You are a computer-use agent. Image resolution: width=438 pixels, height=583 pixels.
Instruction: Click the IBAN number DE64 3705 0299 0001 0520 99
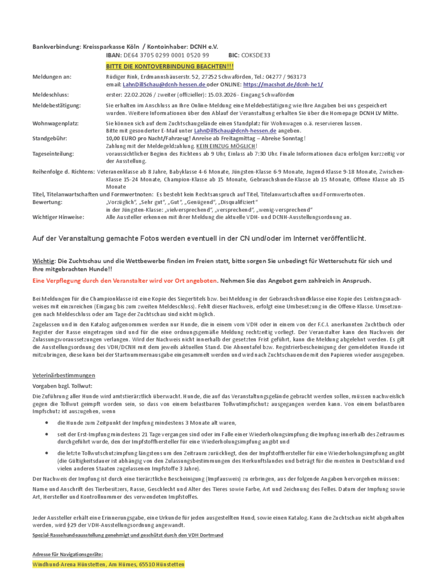(166, 55)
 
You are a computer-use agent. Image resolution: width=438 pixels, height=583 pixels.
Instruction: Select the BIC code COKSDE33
(255, 55)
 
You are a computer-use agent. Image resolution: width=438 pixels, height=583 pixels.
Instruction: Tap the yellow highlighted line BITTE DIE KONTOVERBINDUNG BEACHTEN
(170, 66)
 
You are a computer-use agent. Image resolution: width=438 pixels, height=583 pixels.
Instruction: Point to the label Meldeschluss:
(51, 95)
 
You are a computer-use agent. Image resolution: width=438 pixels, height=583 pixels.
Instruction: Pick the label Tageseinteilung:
(53, 154)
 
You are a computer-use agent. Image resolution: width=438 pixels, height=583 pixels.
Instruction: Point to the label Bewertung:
(47, 202)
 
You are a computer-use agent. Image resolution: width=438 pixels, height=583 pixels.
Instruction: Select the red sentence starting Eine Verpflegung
(125, 281)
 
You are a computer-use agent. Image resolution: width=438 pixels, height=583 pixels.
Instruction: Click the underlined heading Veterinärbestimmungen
(64, 375)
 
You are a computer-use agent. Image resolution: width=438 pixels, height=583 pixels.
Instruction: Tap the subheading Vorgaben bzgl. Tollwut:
(62, 385)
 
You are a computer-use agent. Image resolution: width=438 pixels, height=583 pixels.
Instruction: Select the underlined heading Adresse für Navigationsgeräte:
(68, 554)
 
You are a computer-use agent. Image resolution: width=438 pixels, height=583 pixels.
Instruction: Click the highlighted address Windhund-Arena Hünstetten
(108, 565)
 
